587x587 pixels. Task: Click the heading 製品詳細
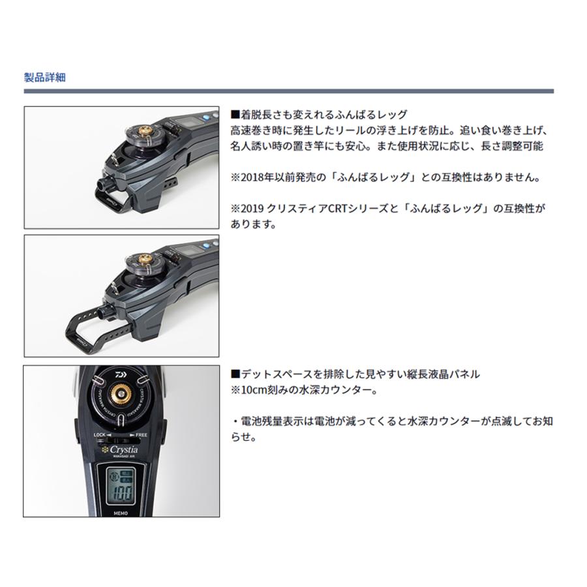point(45,78)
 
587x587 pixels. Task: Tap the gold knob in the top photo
point(145,131)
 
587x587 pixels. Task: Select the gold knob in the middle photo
point(145,258)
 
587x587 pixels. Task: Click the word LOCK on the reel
point(100,434)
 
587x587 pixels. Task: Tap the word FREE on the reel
point(141,435)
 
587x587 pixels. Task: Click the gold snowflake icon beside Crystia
point(105,449)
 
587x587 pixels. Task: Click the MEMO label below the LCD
point(121,513)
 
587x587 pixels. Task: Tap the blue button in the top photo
point(205,117)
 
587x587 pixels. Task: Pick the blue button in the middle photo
point(205,246)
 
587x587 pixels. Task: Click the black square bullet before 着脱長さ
point(235,114)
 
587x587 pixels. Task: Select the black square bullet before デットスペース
point(235,374)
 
